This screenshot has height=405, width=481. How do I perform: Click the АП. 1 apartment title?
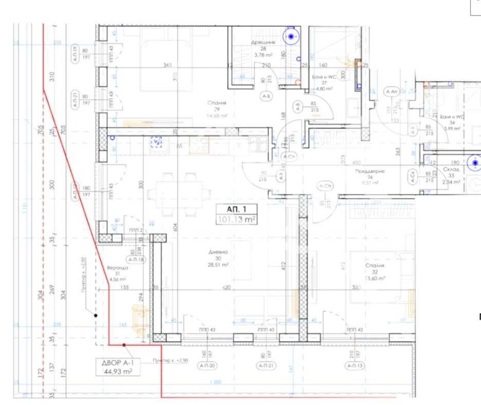(236, 209)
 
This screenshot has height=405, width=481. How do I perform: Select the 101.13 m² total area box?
(236, 219)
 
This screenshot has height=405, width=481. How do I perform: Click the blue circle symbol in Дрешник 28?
(292, 36)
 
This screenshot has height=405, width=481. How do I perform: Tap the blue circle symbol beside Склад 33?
(475, 163)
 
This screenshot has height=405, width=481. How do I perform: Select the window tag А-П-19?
(75, 54)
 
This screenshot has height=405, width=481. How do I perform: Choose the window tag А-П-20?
(209, 365)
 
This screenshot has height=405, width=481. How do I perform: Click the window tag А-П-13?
(355, 365)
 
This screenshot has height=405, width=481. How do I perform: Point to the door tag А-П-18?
(136, 260)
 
